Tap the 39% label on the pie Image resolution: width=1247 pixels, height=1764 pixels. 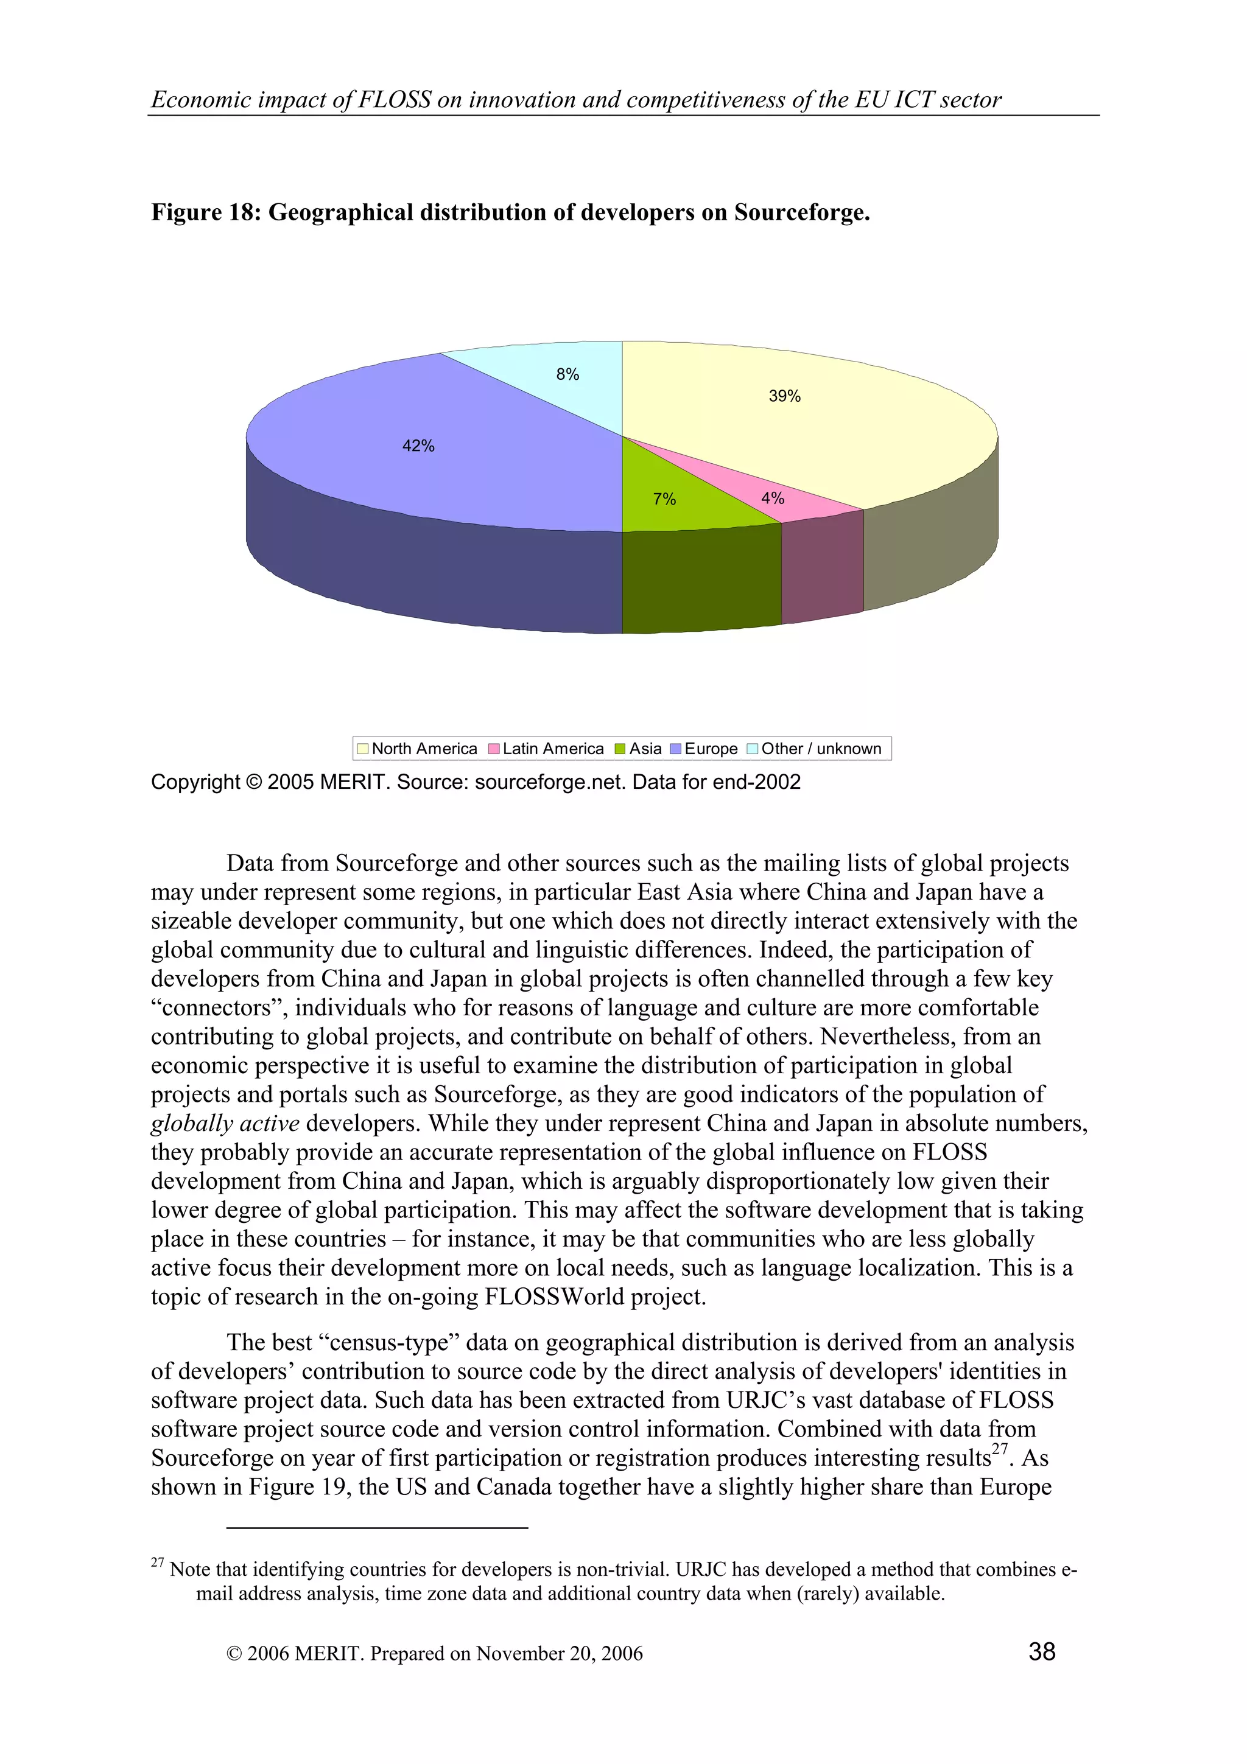coord(784,396)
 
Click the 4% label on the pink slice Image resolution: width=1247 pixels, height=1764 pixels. coord(772,498)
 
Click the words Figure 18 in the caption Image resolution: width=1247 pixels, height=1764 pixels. coord(205,212)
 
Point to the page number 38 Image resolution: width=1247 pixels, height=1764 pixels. coord(1041,1652)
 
